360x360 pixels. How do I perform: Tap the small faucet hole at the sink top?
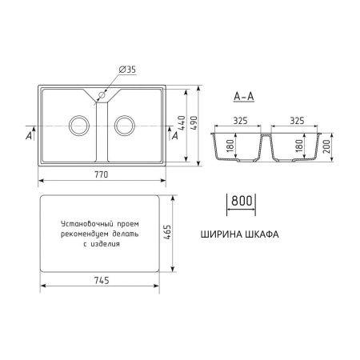point(102,95)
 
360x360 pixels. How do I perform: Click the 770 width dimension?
point(102,174)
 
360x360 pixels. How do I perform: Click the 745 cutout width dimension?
point(102,280)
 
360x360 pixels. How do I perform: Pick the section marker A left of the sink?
point(30,137)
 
